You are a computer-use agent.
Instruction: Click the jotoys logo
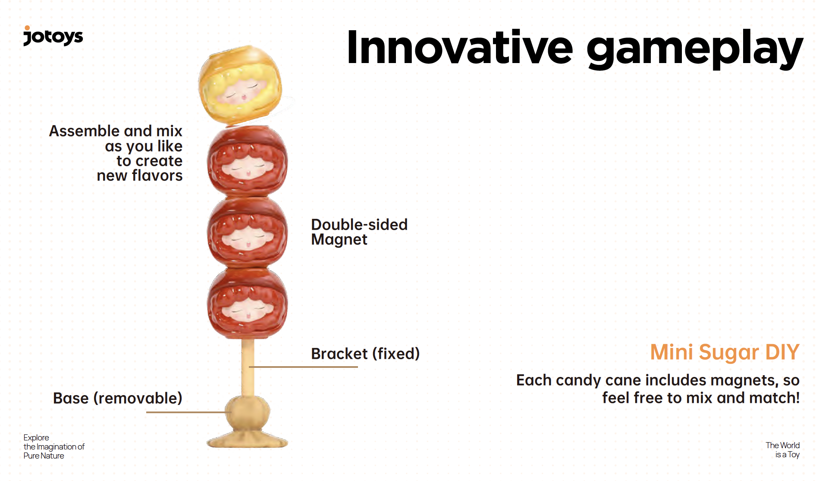click(53, 37)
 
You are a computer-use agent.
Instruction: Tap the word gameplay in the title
click(694, 50)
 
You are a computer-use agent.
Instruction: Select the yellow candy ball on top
click(240, 85)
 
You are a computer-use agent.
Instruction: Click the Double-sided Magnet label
click(359, 232)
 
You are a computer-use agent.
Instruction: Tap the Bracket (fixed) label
click(365, 354)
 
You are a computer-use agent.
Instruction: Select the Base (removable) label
click(117, 398)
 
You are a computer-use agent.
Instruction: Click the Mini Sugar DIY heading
click(725, 352)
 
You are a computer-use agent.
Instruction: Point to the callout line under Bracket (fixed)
click(303, 367)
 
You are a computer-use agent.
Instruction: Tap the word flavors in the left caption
click(157, 176)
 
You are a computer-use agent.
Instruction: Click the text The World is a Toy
click(782, 450)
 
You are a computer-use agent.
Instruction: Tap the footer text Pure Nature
click(44, 456)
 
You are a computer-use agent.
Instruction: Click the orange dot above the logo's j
click(27, 28)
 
